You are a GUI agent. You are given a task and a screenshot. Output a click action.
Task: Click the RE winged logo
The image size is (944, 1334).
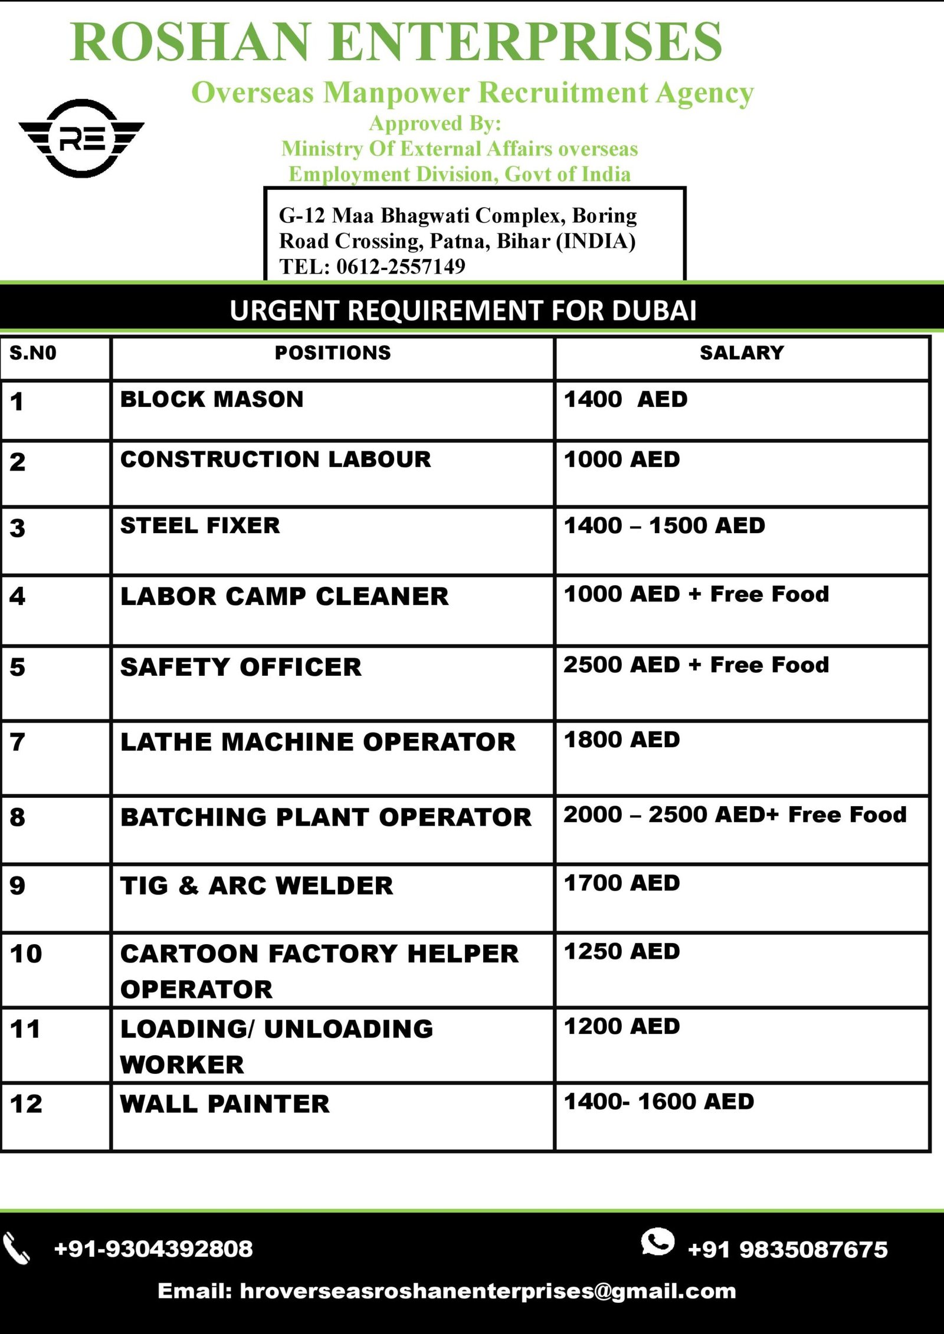tap(81, 139)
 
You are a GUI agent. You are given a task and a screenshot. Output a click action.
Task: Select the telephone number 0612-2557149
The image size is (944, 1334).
tap(401, 267)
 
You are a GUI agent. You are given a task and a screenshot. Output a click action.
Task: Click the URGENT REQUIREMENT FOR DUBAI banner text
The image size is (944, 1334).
tap(463, 310)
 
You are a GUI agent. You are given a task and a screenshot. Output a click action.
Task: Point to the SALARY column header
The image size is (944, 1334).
tap(742, 353)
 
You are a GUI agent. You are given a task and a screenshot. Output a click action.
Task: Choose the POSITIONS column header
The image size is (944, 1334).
tap(333, 353)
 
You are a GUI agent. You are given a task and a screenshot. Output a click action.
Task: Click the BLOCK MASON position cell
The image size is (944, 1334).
tap(212, 399)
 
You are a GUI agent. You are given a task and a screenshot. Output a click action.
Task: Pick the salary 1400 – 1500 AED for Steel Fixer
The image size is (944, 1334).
tap(664, 525)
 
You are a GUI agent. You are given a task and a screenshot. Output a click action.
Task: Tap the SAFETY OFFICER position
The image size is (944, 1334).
tap(241, 667)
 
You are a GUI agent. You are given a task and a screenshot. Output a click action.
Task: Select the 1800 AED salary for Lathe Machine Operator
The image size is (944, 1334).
tap(622, 740)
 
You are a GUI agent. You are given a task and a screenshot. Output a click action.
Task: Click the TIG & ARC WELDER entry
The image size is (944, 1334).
tap(257, 886)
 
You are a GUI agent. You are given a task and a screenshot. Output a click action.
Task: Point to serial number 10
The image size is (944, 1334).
tap(26, 954)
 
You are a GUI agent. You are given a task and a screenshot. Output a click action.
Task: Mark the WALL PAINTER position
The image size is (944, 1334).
tap(225, 1104)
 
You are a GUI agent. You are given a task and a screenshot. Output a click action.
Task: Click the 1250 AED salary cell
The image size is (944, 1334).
tap(622, 951)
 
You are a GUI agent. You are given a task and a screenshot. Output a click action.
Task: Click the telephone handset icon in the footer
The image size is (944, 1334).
tap(17, 1248)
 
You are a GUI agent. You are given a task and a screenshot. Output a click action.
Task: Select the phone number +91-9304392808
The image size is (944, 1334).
tap(153, 1248)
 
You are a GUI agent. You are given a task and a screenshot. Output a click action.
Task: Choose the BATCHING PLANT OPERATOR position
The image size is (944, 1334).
tap(326, 817)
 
